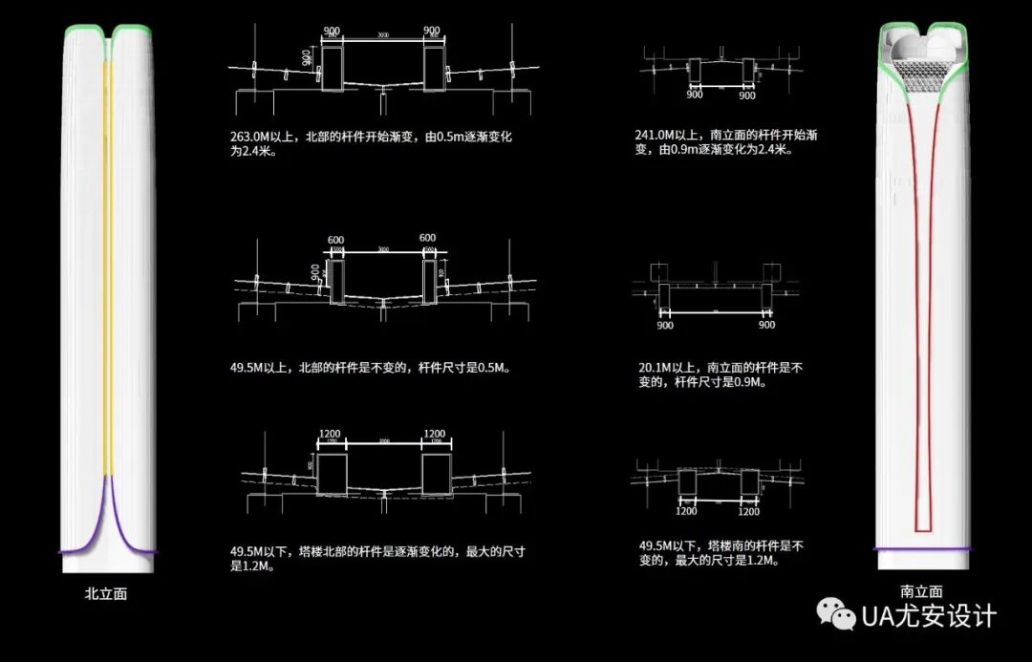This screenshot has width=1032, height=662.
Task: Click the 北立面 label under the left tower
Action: pos(105,594)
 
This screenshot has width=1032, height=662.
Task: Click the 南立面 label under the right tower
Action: pos(921,591)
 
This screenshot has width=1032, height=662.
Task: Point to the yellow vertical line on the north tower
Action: pos(108,267)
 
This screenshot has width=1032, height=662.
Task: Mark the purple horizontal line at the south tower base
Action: pos(923,548)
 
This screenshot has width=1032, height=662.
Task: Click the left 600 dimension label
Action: pos(335,239)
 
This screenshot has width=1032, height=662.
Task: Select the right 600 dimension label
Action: pos(427,238)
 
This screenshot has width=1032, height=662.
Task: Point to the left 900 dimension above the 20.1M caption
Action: pos(666,325)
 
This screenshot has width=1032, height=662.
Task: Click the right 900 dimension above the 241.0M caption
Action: pos(747,96)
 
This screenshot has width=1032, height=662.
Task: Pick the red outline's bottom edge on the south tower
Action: pos(923,529)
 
